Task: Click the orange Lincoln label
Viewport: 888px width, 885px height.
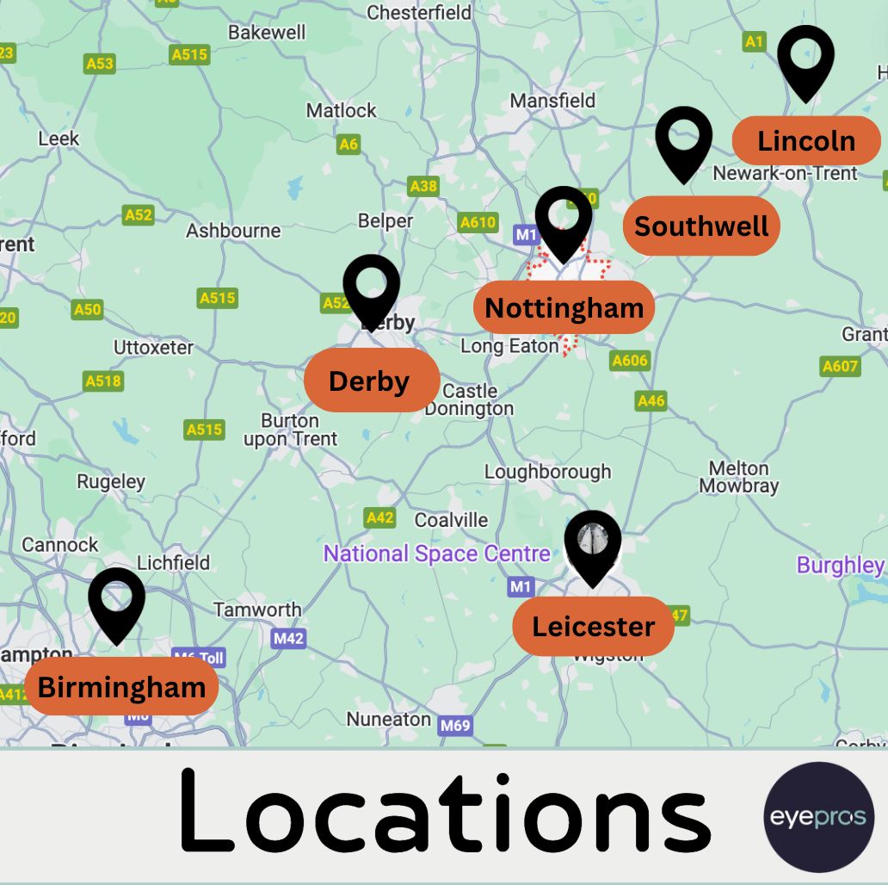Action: click(x=806, y=140)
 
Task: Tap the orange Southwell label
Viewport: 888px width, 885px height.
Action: click(x=701, y=226)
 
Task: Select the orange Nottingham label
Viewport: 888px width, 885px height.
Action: click(x=564, y=307)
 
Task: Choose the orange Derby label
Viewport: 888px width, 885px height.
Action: click(x=371, y=381)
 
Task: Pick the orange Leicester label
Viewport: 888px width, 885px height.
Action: click(x=593, y=626)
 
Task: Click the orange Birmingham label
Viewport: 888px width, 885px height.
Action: click(x=121, y=687)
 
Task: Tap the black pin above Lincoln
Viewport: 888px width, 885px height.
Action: click(x=805, y=59)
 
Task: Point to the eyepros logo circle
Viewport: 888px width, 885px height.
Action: click(x=818, y=817)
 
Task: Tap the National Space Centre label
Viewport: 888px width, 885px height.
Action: click(x=436, y=554)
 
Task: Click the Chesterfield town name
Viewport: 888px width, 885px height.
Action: click(x=419, y=12)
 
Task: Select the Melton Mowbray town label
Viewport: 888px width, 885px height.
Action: click(x=738, y=477)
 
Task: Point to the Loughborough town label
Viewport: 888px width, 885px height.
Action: click(x=547, y=472)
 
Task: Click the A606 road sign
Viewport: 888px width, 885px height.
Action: click(x=630, y=361)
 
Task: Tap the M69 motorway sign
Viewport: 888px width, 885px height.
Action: click(x=455, y=726)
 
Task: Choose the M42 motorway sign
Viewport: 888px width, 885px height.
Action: click(x=288, y=638)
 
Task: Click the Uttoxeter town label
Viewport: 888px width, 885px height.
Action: click(x=154, y=348)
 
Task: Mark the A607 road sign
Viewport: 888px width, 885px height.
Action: click(x=840, y=366)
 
